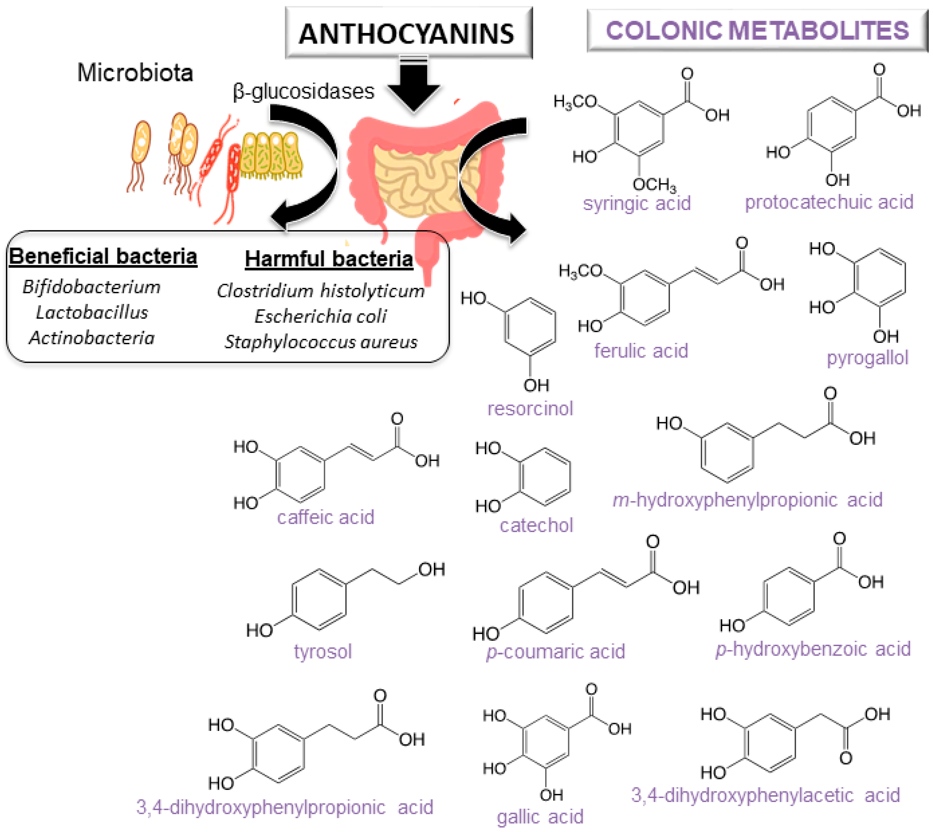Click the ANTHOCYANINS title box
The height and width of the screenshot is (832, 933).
click(x=408, y=33)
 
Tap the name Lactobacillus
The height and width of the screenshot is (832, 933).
click(x=92, y=313)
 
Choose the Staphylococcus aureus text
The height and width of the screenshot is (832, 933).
click(x=321, y=342)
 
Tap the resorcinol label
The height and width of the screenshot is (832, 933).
click(x=530, y=408)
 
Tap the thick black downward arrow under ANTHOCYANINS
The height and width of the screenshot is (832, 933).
click(x=413, y=84)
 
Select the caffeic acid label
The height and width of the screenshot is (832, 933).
click(x=325, y=517)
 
